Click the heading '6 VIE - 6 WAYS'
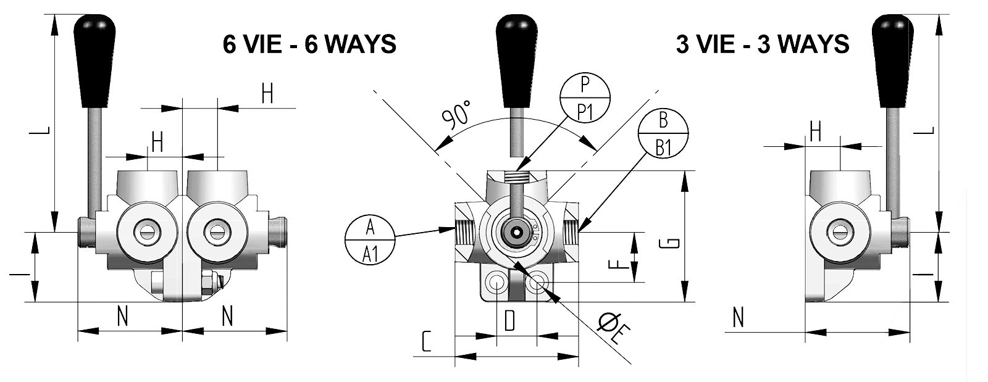click(309, 44)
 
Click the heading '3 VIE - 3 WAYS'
click(763, 44)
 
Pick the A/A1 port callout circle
click(370, 240)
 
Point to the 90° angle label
click(458, 114)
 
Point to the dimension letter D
click(509, 321)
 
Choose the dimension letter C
click(425, 341)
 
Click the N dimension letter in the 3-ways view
click(738, 318)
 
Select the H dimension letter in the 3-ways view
click(816, 131)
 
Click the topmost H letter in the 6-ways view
click(267, 94)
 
